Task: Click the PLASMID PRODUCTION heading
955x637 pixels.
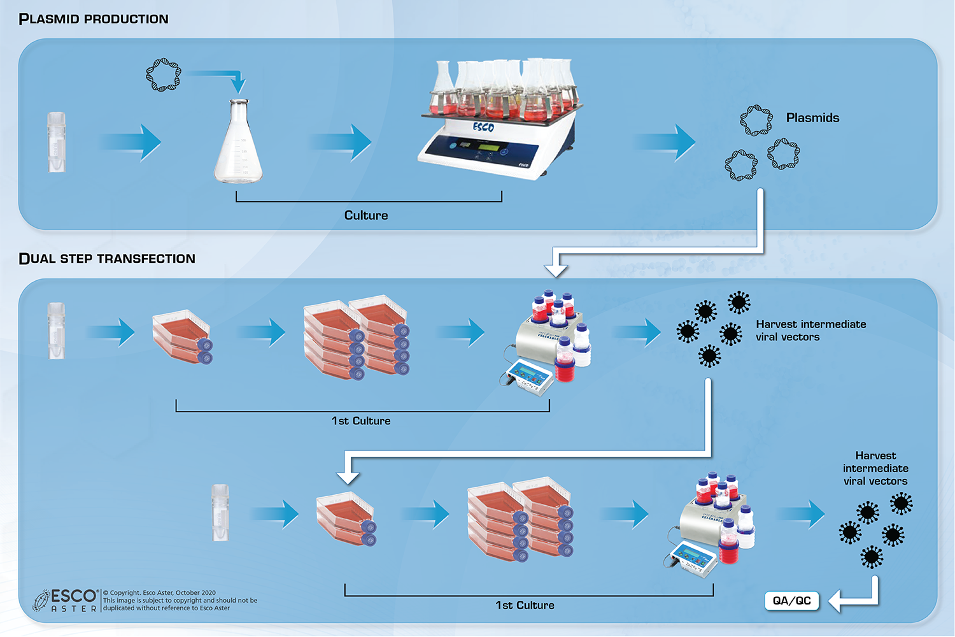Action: tap(94, 19)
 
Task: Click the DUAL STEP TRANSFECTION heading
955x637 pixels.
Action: tap(107, 259)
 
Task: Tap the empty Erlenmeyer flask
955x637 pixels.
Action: tap(238, 143)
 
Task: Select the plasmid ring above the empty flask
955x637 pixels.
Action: tap(164, 75)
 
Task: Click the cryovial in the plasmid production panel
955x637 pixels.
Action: tap(57, 142)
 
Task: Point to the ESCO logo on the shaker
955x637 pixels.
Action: tap(483, 127)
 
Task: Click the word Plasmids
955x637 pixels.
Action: tap(812, 118)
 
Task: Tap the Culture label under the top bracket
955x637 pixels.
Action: tap(366, 215)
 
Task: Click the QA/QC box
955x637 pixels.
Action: tap(791, 601)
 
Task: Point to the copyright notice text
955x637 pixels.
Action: tap(180, 601)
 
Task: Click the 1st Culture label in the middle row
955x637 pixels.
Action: tap(361, 421)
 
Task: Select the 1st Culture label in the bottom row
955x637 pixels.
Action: tap(525, 605)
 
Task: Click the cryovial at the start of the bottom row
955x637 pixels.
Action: tap(220, 513)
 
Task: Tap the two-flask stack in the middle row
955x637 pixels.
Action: tap(183, 337)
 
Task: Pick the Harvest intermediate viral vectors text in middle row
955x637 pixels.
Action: tap(810, 331)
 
